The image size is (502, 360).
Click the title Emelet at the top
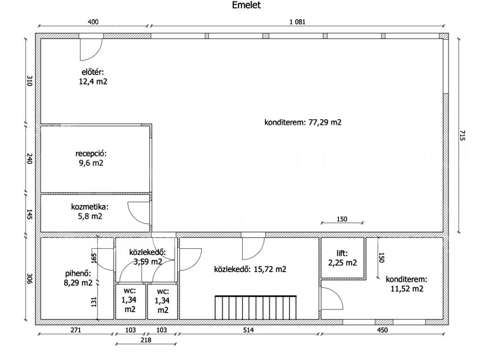click(246, 5)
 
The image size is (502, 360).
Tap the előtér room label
click(93, 77)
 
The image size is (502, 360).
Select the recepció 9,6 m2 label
click(91, 158)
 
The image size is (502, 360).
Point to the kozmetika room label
click(90, 211)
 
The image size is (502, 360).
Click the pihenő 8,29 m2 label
click(78, 278)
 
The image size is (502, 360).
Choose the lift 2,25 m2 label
click(342, 258)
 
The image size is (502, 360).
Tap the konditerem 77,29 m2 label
click(303, 122)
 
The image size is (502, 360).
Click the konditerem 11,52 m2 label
click(406, 284)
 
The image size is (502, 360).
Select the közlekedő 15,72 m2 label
click(250, 269)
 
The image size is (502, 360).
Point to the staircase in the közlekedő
click(256, 307)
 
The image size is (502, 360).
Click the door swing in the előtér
click(91, 49)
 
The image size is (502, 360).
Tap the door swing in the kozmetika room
click(139, 213)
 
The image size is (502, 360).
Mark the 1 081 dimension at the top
click(297, 22)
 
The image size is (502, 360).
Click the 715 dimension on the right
click(462, 135)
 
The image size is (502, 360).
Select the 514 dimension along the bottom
click(248, 330)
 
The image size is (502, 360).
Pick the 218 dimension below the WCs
click(146, 340)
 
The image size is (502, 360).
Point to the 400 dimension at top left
click(93, 22)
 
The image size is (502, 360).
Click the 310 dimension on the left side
click(29, 81)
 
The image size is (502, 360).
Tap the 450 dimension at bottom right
click(382, 330)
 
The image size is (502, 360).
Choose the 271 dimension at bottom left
click(76, 330)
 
